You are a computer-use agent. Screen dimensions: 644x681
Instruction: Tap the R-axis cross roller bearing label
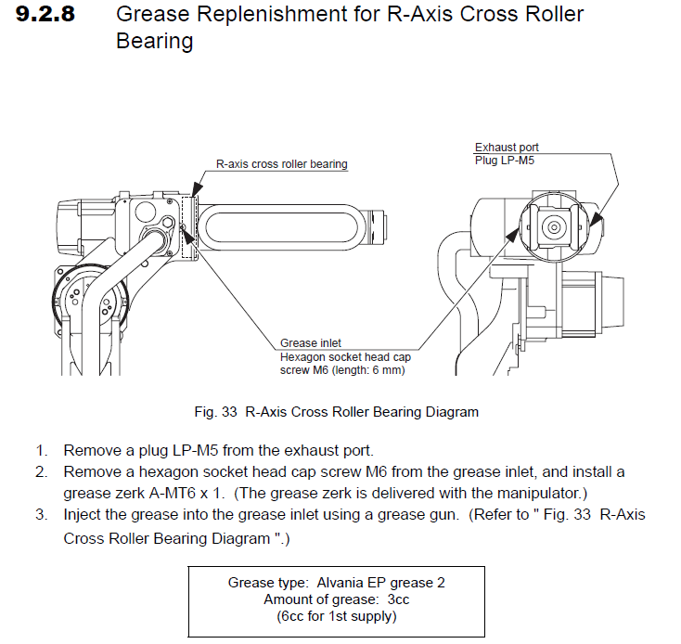[281, 164]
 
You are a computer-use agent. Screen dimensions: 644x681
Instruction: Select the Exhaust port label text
[507, 148]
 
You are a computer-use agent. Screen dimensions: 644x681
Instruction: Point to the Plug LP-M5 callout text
[504, 160]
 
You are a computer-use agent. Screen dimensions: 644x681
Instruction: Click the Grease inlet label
[311, 343]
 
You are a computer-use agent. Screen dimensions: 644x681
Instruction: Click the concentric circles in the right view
[555, 226]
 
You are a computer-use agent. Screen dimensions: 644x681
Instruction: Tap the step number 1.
[41, 452]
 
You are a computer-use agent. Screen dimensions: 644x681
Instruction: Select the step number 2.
[41, 472]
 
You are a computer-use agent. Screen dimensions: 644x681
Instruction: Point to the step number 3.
[41, 514]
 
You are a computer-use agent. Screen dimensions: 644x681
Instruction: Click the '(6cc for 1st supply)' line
[337, 615]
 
